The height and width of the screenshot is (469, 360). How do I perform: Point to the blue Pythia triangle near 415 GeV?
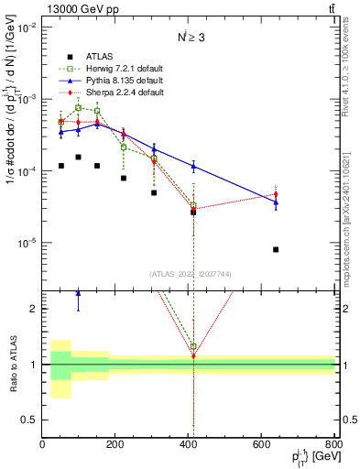[x=193, y=166]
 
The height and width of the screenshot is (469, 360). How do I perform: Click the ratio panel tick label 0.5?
[x=30, y=420]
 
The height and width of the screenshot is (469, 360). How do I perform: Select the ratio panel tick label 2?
[x=35, y=309]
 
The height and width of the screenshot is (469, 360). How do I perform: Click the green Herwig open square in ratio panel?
[x=193, y=347]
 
